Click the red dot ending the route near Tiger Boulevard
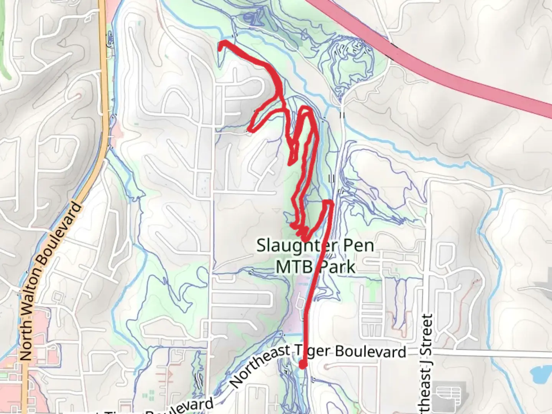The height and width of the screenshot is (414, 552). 302,365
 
